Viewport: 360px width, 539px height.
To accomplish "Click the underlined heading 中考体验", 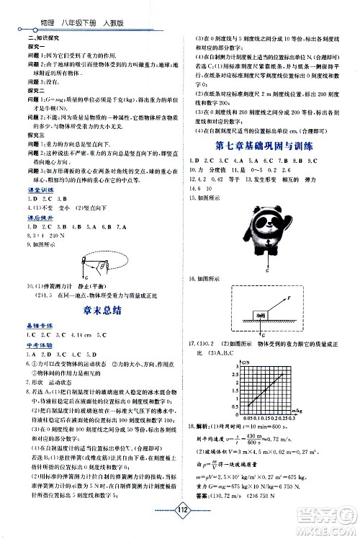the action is coord(37,345).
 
